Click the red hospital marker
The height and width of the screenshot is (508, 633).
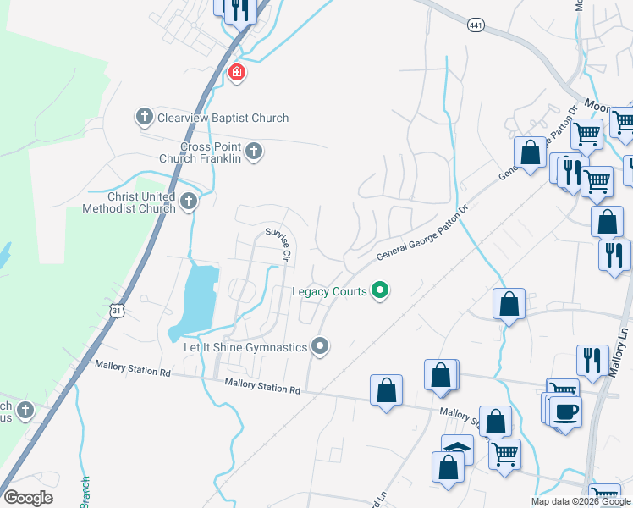(237, 73)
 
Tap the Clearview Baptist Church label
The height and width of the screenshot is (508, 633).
(223, 118)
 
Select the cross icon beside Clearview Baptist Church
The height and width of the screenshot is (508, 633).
(145, 117)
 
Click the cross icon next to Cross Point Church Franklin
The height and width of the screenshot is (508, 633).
(255, 152)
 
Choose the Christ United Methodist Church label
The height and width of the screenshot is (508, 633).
(129, 202)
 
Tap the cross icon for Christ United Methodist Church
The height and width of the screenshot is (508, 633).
(189, 202)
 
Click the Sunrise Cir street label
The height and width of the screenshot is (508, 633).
(278, 243)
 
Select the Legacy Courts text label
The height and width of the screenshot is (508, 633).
(329, 291)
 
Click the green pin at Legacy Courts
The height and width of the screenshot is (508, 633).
(380, 291)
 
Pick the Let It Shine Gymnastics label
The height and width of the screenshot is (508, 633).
(245, 347)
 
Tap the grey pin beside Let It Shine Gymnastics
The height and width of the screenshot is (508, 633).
(320, 345)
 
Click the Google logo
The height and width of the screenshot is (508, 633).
(28, 498)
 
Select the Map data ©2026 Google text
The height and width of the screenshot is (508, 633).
(581, 501)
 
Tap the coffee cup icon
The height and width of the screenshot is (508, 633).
(565, 411)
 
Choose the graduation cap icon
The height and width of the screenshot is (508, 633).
(457, 447)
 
